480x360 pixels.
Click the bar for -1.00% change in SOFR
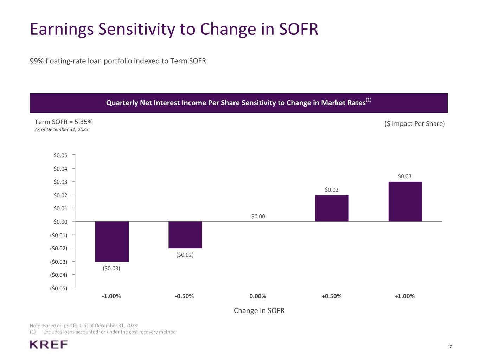click(112, 242)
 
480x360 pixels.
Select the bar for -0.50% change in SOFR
click(185, 235)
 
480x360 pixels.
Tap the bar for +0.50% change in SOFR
click(332, 208)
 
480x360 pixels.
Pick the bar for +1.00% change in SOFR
click(405, 202)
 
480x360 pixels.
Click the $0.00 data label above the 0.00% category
click(258, 217)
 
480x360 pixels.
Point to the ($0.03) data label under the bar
click(111, 268)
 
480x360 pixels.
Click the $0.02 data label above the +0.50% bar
click(332, 190)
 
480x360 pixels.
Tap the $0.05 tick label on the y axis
click(60, 155)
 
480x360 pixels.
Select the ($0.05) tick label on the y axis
click(59, 289)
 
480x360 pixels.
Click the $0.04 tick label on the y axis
click(60, 169)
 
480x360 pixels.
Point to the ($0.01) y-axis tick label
click(59, 235)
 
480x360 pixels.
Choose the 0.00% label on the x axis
click(258, 296)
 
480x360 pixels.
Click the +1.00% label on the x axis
click(404, 296)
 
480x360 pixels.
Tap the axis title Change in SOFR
click(259, 311)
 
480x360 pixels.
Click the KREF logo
click(49, 345)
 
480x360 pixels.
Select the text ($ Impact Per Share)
click(415, 124)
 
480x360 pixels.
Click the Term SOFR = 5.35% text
click(64, 122)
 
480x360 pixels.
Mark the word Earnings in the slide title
click(62, 29)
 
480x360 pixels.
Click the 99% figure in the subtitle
click(37, 61)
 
